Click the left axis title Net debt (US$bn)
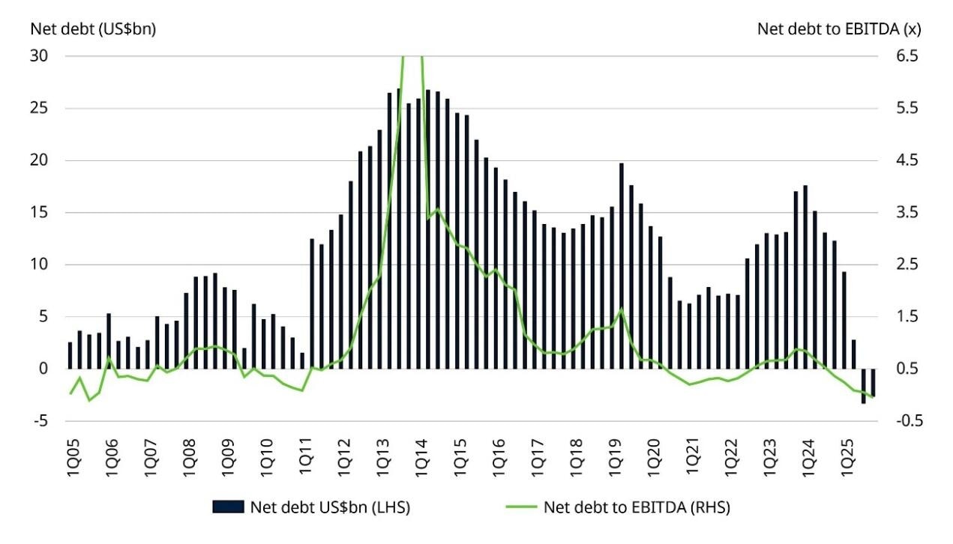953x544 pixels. tap(92, 29)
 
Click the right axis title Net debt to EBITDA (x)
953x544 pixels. tap(839, 29)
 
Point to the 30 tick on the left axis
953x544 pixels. tap(38, 56)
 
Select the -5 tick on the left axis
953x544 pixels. tap(40, 421)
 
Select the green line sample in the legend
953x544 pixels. tap(517, 507)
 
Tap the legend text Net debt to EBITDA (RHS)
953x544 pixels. tap(637, 507)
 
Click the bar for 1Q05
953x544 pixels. tap(70, 356)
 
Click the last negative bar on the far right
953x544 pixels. tap(873, 382)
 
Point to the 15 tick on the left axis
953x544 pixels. tap(38, 213)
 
